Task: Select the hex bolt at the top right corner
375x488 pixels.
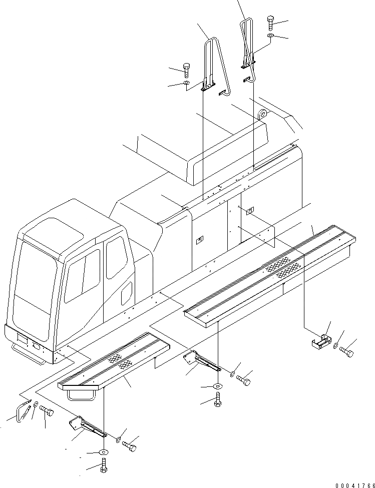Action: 270,22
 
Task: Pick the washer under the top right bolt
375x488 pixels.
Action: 270,37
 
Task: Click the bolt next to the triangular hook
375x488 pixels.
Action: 47,411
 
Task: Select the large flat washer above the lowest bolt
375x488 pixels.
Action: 103,452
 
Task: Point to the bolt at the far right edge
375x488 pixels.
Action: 346,352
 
